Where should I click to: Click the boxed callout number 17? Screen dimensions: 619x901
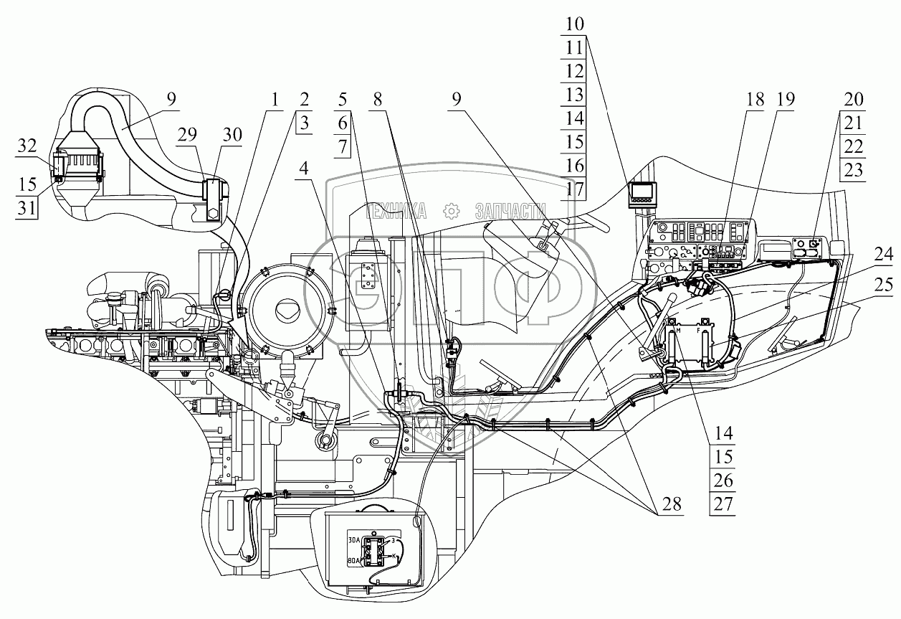pos(574,189)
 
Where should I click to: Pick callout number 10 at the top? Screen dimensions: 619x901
pos(574,24)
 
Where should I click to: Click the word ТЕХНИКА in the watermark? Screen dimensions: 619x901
pos(396,210)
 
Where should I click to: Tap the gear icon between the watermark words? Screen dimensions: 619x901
pos(451,210)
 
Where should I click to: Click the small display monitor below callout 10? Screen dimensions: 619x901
pos(643,194)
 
